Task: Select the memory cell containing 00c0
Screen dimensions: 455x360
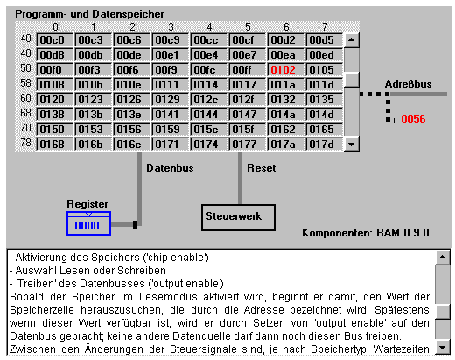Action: [x=54, y=40]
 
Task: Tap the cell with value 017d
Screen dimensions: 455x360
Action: [x=324, y=145]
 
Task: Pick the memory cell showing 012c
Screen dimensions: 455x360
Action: [x=208, y=100]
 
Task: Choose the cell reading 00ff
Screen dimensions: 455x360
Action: [x=247, y=70]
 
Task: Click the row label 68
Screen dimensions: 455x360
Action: [x=25, y=113]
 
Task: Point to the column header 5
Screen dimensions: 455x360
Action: [x=248, y=27]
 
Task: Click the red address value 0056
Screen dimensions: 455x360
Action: [x=413, y=119]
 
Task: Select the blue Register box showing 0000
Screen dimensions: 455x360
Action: [x=88, y=223]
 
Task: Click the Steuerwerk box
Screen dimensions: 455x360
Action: [x=238, y=217]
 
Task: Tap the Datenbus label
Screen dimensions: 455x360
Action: [x=170, y=168]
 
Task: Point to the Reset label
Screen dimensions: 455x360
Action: [x=262, y=168]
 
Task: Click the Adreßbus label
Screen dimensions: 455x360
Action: [x=408, y=84]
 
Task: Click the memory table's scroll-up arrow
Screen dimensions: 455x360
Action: [x=352, y=40]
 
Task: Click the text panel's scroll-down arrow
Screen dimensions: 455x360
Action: [x=443, y=348]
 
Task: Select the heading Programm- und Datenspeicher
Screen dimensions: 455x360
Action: [x=89, y=14]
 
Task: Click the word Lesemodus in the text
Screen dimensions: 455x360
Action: [x=168, y=297]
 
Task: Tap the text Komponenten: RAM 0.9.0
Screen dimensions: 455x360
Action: [x=366, y=233]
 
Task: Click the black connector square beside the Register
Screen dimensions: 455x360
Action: [x=135, y=224]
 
